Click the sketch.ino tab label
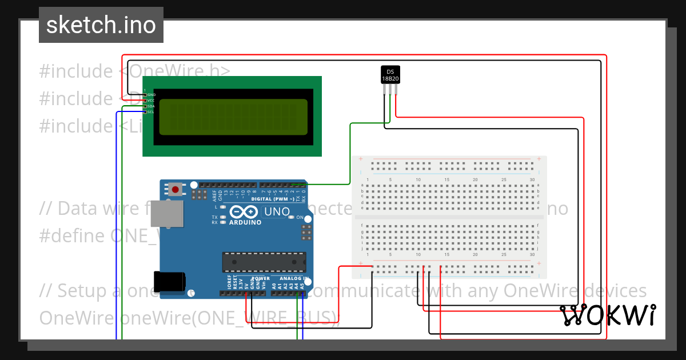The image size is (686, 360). [101, 25]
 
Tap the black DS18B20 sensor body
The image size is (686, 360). [390, 74]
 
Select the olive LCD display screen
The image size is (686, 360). [233, 117]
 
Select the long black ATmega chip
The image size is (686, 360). [264, 262]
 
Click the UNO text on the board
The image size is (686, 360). [277, 212]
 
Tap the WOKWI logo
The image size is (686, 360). [608, 315]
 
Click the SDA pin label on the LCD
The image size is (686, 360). [151, 106]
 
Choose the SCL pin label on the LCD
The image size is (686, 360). [151, 112]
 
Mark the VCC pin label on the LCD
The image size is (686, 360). [151, 101]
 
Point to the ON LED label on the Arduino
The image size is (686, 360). [300, 217]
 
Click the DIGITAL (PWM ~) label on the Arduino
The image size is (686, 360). [272, 198]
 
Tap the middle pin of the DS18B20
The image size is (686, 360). [390, 90]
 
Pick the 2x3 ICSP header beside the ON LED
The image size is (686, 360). [306, 233]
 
